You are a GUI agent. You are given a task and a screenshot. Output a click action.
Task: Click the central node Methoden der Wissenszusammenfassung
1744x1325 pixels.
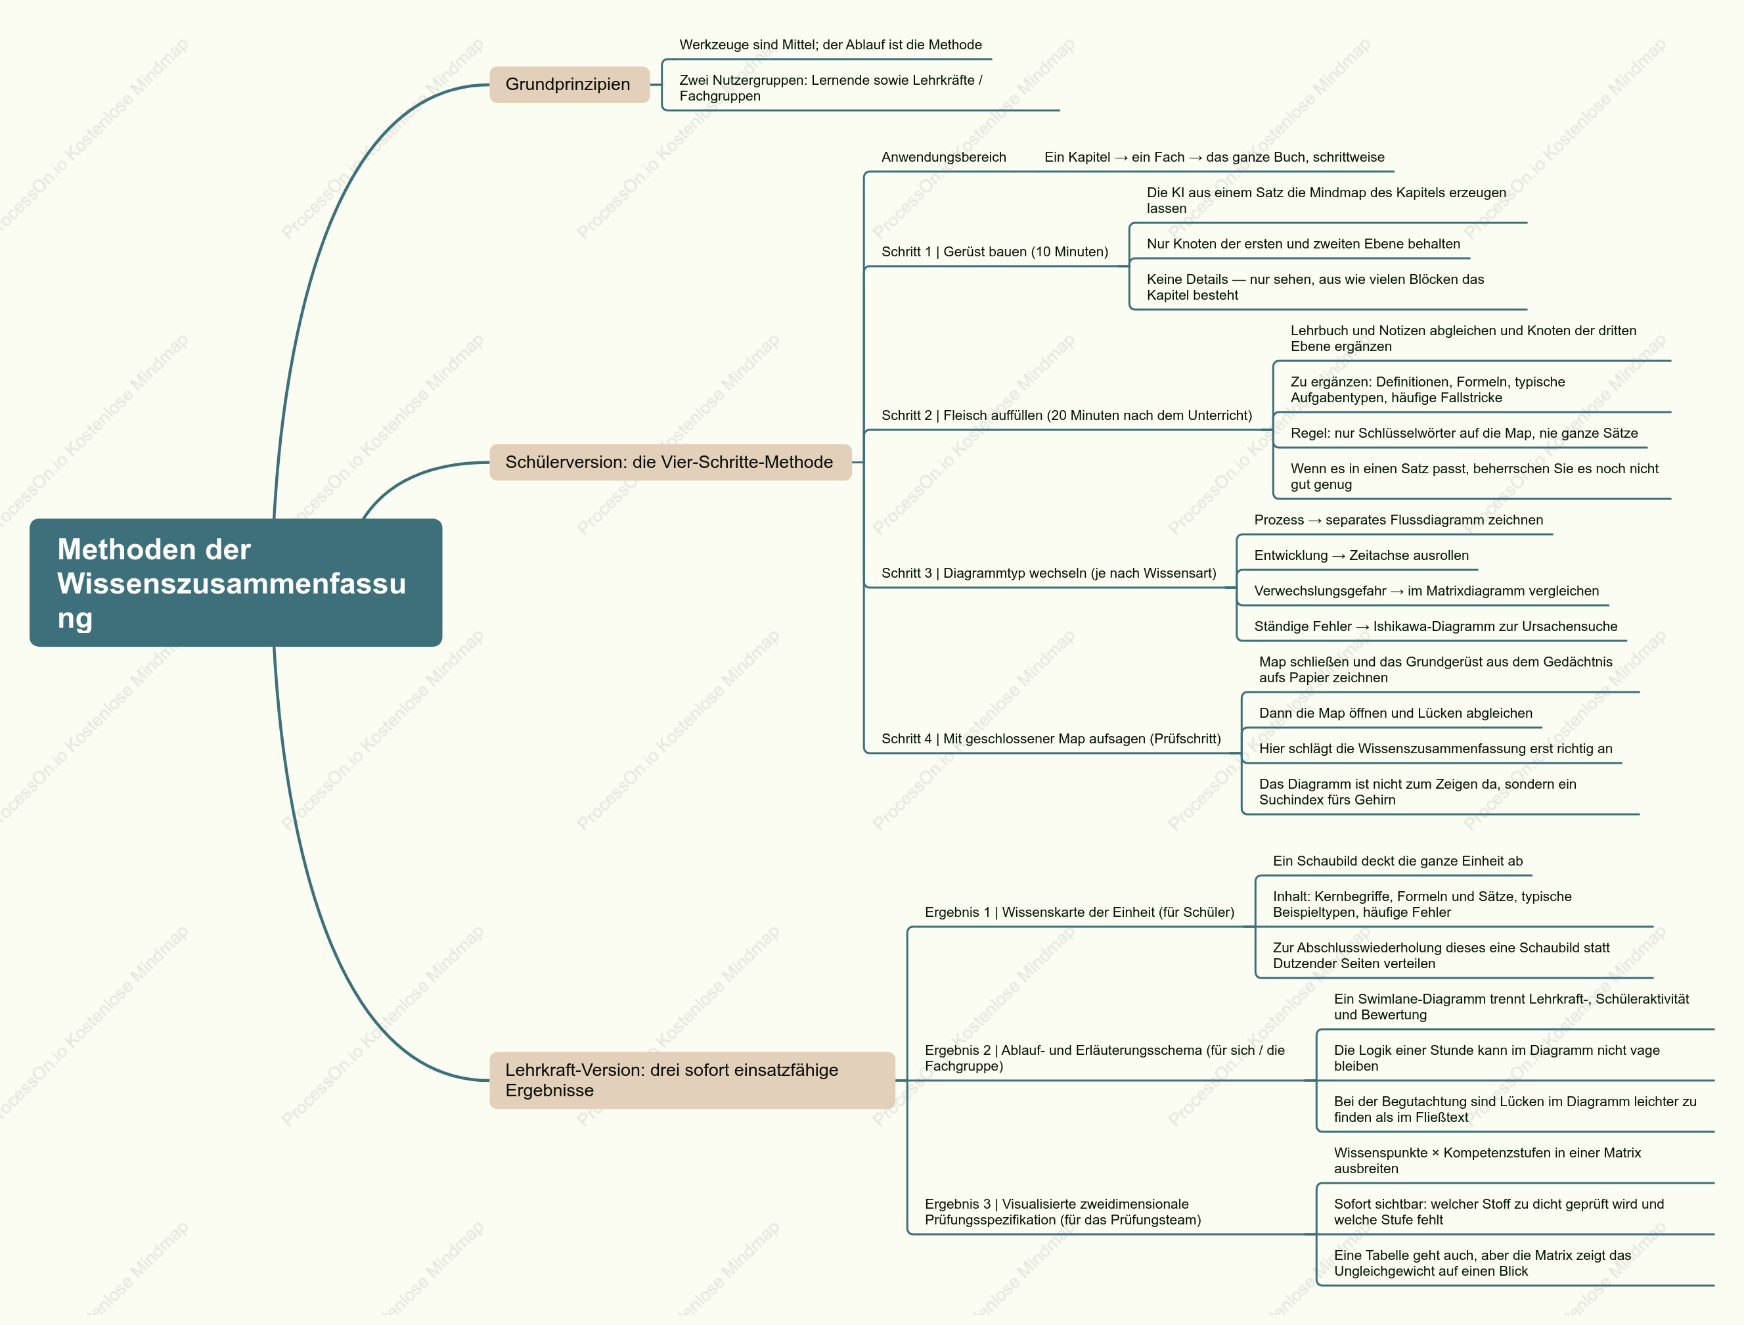[x=236, y=583]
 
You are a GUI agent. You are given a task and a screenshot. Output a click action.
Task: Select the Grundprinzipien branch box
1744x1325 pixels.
[x=570, y=84]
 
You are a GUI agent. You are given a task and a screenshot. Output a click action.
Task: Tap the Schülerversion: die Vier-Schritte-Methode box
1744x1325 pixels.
[x=670, y=462]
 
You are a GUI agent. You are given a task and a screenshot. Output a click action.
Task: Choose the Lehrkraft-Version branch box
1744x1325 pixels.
[x=692, y=1080]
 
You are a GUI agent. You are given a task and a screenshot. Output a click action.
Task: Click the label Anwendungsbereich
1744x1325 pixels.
[x=944, y=157]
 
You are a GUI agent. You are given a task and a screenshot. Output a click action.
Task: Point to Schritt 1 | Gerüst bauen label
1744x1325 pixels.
[x=995, y=252]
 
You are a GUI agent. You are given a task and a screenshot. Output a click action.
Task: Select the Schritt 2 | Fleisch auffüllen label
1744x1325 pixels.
[x=1067, y=415]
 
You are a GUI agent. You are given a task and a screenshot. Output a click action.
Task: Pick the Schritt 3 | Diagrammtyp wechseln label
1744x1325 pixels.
[x=1048, y=572]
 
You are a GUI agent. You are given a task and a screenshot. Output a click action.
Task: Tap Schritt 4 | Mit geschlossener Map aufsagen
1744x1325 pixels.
[x=1051, y=738]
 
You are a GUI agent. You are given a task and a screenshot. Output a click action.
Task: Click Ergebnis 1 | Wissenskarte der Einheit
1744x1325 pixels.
[x=1079, y=912]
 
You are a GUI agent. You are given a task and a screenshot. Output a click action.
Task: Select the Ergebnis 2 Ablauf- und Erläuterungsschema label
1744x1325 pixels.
[x=1105, y=1058]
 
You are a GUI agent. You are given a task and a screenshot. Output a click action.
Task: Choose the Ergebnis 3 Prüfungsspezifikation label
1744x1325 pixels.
[x=1063, y=1211]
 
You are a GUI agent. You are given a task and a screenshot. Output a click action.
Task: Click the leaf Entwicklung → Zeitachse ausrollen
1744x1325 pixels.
[x=1362, y=555]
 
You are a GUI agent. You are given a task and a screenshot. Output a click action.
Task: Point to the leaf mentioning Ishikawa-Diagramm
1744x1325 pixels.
[x=1436, y=626]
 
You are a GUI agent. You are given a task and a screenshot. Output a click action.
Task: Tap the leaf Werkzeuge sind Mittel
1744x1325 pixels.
[x=831, y=45]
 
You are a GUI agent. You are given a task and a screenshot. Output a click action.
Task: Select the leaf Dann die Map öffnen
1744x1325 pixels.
[x=1395, y=713]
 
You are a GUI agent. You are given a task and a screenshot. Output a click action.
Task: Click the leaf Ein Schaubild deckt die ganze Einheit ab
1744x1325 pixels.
[x=1398, y=860]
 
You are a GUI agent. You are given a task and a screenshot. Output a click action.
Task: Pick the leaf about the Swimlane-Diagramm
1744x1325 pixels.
[x=1511, y=1006]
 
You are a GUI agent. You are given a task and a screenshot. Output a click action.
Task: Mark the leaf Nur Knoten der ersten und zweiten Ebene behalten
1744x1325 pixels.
[x=1303, y=244]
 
